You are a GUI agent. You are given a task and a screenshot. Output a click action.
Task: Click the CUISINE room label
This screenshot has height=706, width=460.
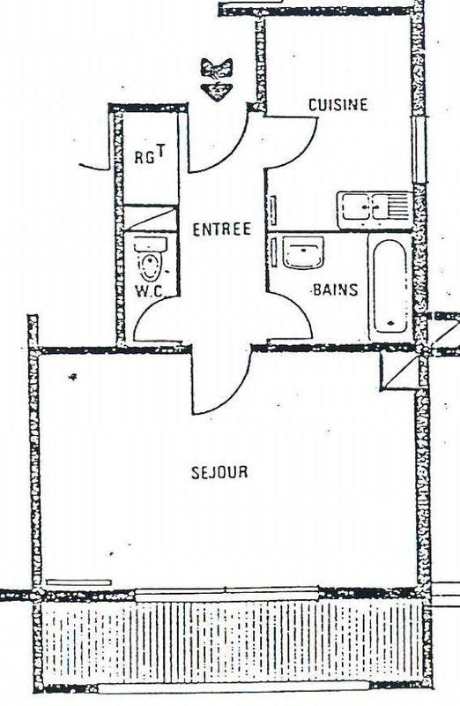tap(338, 104)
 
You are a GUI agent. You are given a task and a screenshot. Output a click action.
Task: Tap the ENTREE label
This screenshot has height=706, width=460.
tap(222, 229)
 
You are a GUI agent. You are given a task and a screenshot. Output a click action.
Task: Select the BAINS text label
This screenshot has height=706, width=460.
tap(336, 289)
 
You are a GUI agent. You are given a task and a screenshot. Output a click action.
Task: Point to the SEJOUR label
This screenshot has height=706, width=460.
tap(219, 472)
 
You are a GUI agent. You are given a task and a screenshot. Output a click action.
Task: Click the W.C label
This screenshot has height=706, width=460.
tap(149, 291)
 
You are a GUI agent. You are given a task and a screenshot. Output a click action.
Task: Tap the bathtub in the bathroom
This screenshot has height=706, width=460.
tap(390, 286)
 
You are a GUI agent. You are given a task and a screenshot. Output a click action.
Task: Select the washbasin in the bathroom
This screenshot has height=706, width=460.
tap(303, 253)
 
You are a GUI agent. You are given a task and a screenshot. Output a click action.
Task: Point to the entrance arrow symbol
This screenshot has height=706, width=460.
tap(217, 79)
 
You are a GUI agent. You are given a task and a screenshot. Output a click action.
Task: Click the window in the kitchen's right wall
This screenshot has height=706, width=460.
tap(419, 150)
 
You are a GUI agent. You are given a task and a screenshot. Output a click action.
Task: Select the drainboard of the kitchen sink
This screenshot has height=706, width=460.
tap(397, 207)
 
